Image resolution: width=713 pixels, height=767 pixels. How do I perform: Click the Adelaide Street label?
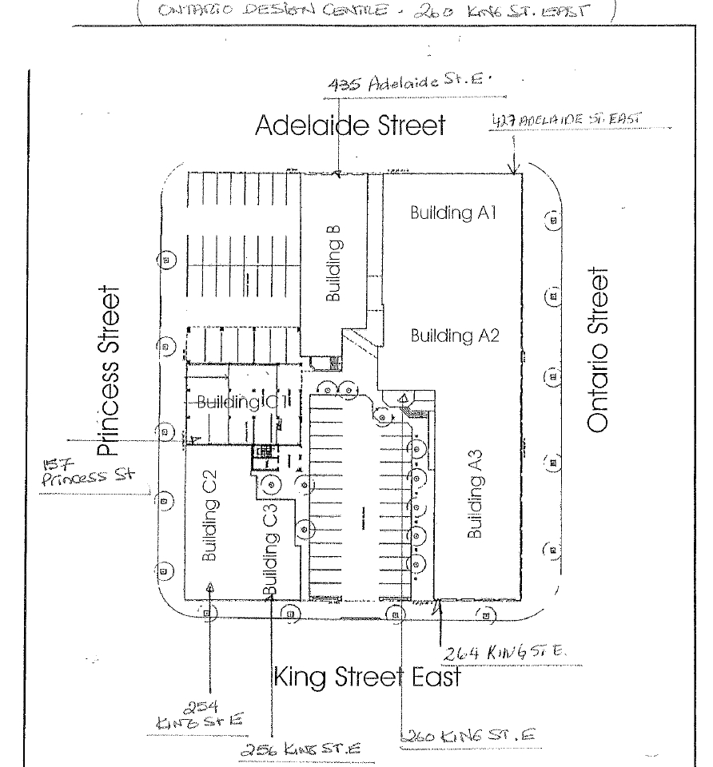coord(350,125)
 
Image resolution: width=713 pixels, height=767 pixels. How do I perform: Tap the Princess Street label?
coord(112,372)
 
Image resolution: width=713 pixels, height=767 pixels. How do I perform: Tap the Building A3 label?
coord(477,507)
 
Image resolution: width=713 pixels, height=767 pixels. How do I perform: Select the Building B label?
coord(334,264)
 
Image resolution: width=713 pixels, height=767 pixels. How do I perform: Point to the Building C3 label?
coord(270,552)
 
